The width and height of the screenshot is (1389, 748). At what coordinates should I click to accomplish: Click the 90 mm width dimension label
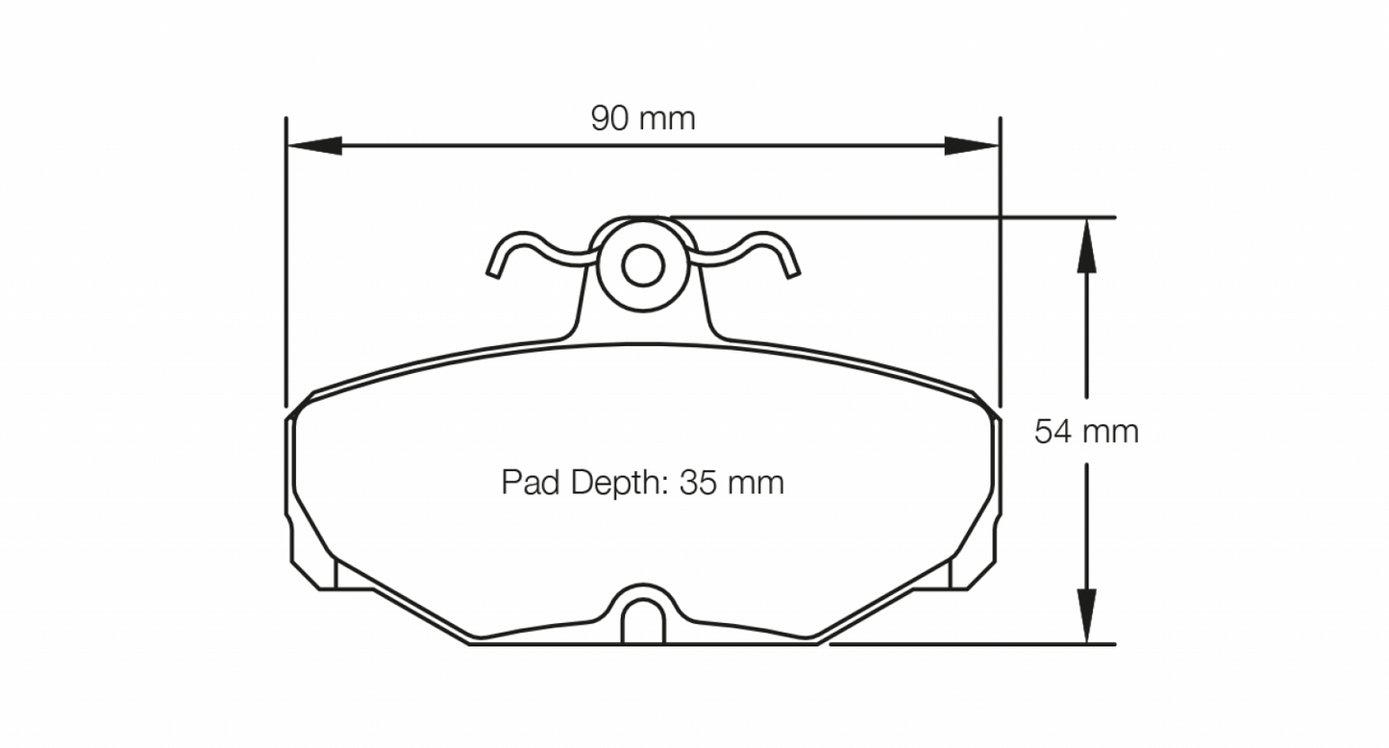(x=642, y=119)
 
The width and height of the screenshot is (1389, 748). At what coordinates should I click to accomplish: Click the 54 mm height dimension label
(x=1086, y=432)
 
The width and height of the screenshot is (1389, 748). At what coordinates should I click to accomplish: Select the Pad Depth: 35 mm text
(x=642, y=482)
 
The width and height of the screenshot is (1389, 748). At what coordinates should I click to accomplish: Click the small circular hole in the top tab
(x=641, y=264)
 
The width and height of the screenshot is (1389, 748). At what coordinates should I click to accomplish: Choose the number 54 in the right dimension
(x=1053, y=432)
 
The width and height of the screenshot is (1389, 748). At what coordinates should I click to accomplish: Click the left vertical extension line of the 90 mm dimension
(x=286, y=260)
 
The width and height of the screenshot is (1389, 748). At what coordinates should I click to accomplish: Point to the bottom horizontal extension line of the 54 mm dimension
(x=971, y=644)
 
